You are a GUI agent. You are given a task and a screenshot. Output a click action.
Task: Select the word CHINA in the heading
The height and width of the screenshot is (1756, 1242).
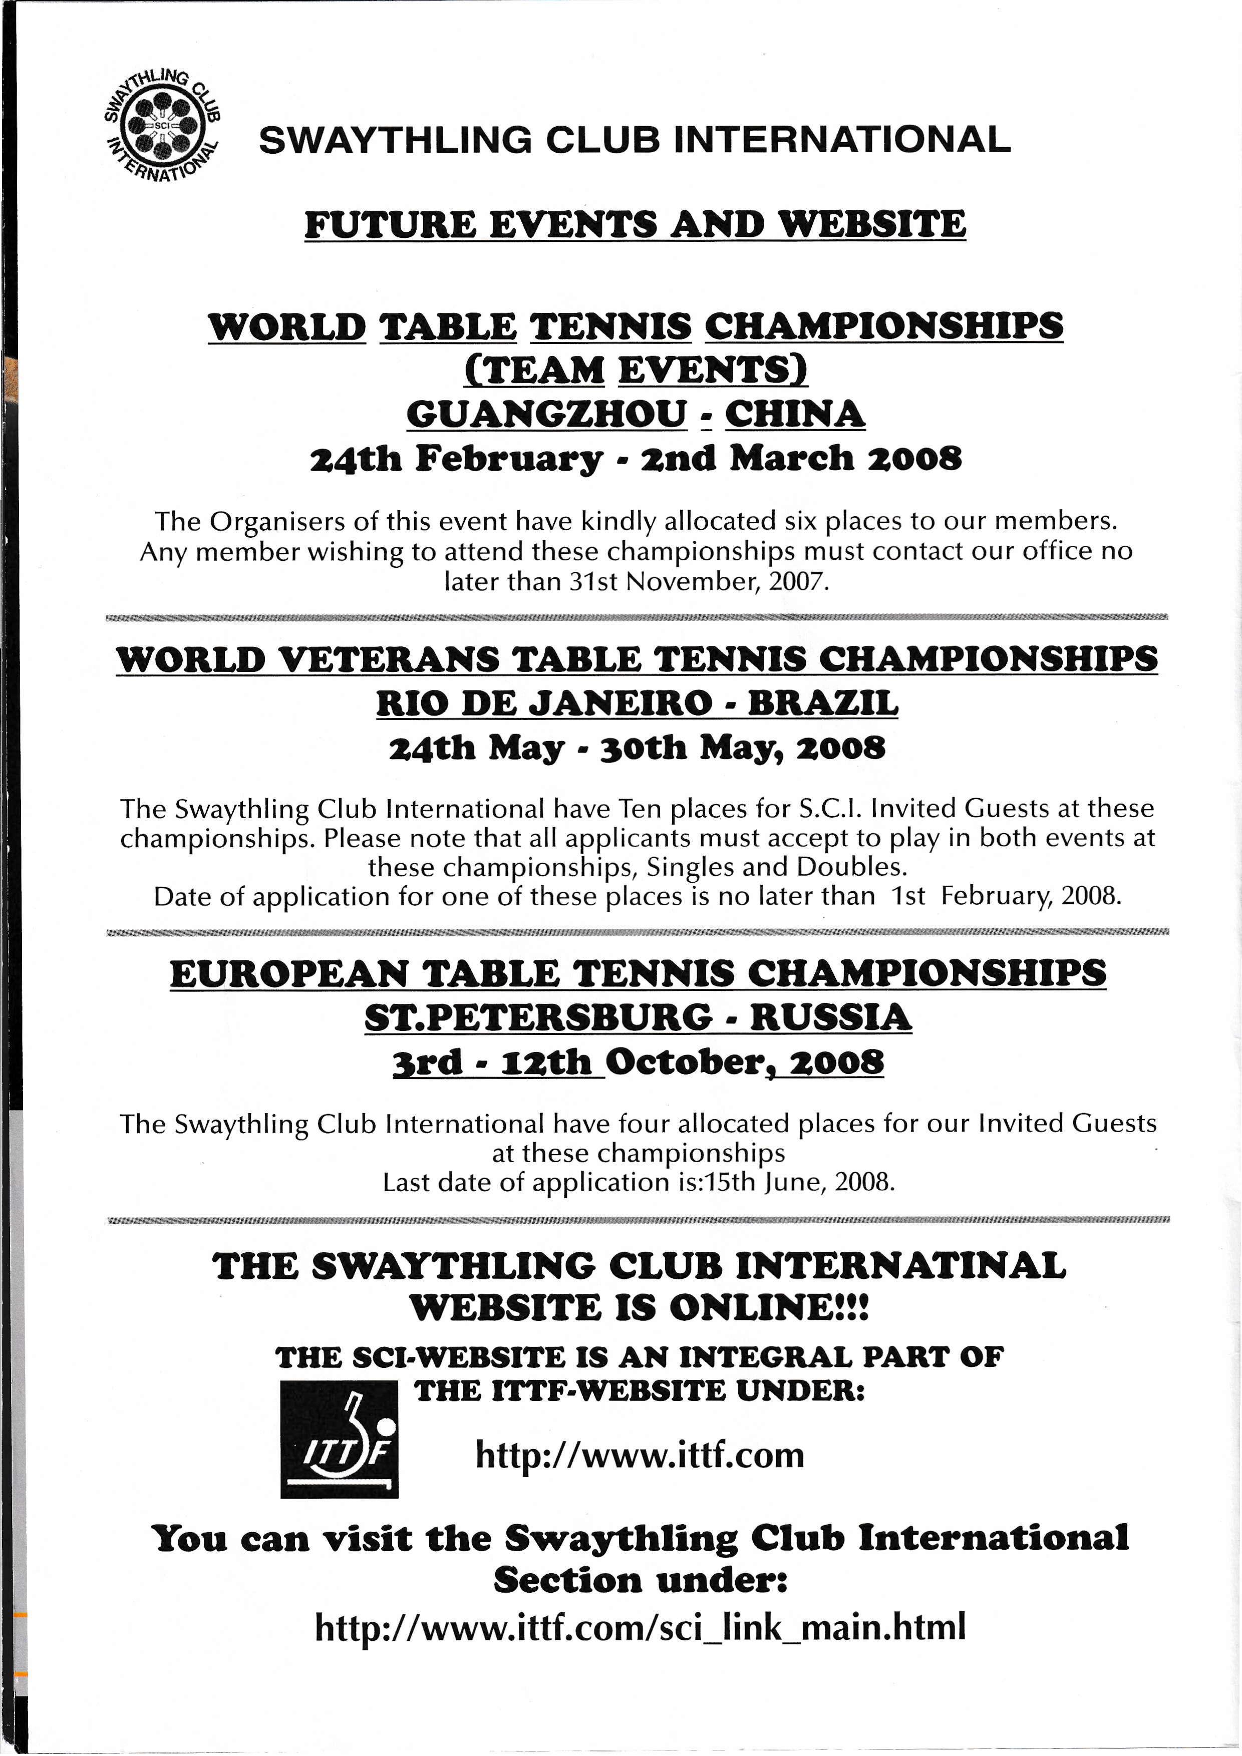coord(795,415)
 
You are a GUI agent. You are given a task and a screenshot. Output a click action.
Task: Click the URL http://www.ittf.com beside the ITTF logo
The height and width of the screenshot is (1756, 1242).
coord(640,1454)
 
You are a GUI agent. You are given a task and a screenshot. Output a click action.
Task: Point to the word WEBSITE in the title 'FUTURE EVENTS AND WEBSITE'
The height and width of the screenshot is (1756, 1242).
coord(872,225)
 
